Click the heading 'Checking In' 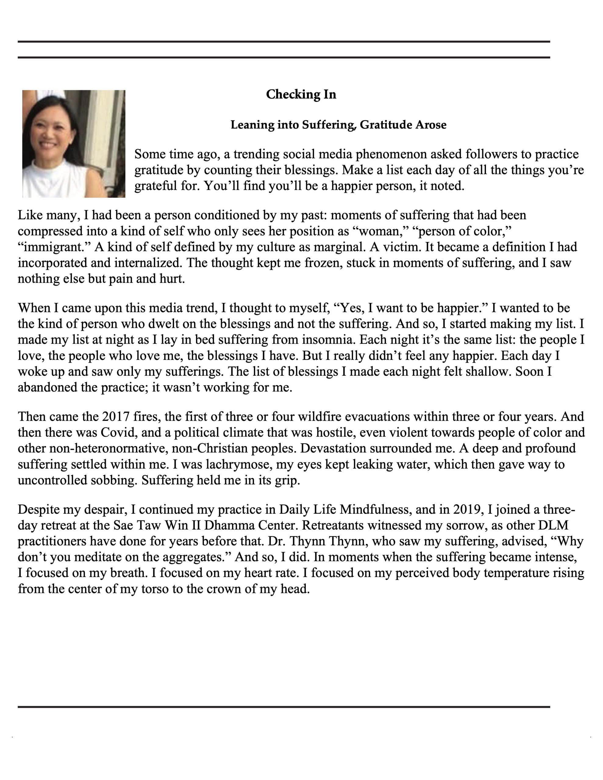[x=301, y=94]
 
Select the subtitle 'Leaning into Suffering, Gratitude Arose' [x=338, y=125]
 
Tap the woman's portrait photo [x=74, y=144]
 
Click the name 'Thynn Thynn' [x=329, y=541]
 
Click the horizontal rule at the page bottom [x=284, y=707]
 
